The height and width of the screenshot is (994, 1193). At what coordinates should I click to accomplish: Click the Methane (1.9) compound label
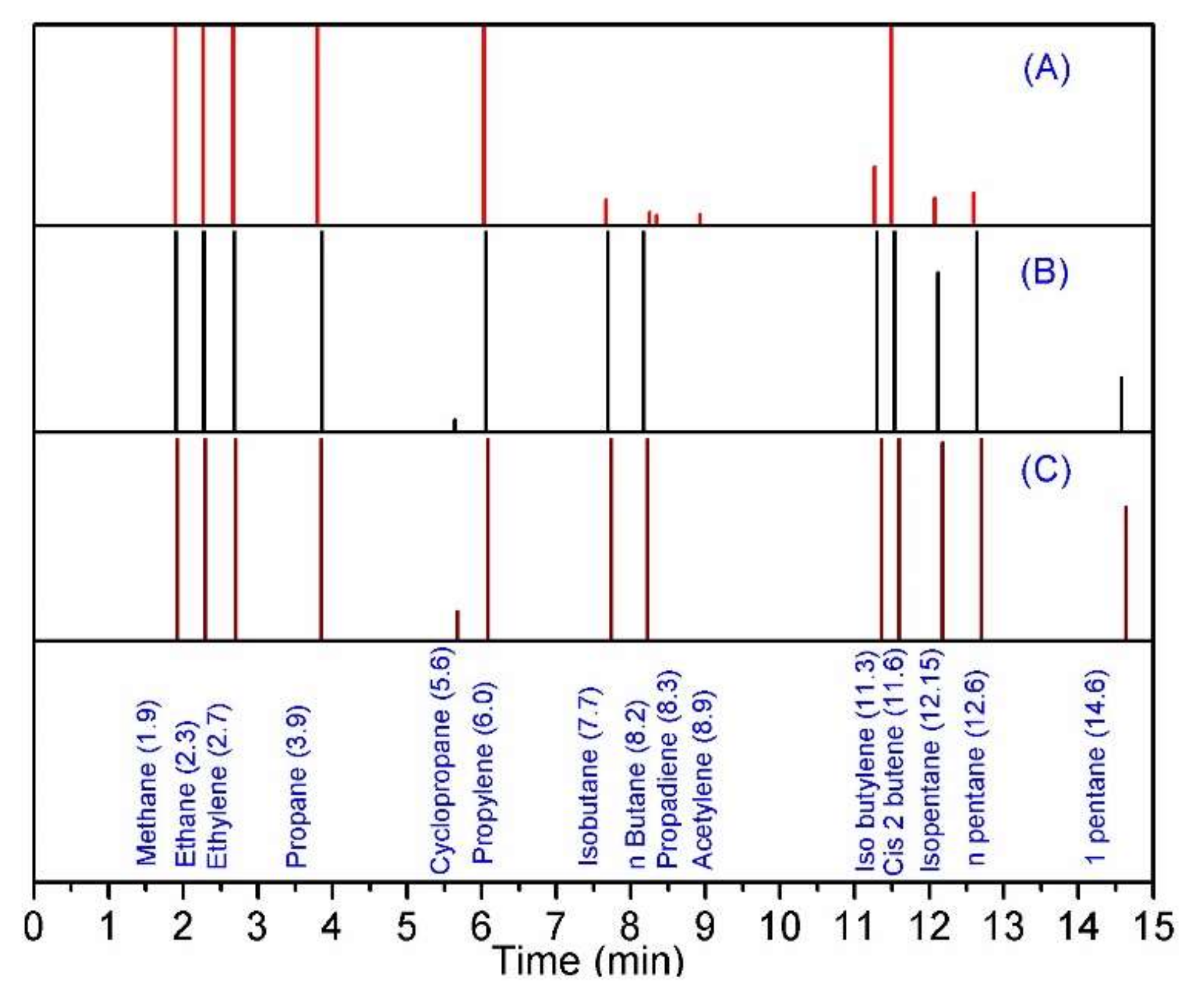(x=146, y=783)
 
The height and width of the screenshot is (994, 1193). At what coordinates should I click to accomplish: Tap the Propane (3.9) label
(x=296, y=786)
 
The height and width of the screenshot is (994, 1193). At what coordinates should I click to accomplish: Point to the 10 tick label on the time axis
(x=779, y=926)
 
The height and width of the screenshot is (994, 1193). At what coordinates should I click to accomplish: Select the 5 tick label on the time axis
(x=407, y=926)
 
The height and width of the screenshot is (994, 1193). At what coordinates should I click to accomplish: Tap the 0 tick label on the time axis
(x=34, y=926)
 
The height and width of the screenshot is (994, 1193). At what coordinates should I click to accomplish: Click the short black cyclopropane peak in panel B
(x=455, y=424)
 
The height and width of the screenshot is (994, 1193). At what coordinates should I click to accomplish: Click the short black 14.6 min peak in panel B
(x=1121, y=403)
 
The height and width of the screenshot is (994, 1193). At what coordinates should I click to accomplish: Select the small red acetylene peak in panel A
(x=699, y=218)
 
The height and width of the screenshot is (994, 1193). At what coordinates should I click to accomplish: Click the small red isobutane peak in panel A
(x=606, y=211)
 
